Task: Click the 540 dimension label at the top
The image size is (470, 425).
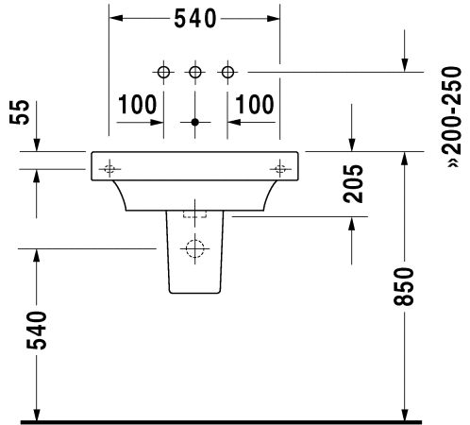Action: pyautogui.click(x=195, y=19)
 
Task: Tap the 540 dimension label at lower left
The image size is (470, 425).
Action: pyautogui.click(x=37, y=331)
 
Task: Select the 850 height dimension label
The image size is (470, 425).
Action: pyautogui.click(x=404, y=286)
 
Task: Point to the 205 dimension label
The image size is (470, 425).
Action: pyautogui.click(x=353, y=183)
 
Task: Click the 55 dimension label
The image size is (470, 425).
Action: pyautogui.click(x=20, y=112)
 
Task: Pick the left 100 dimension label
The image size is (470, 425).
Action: pyautogui.click(x=138, y=104)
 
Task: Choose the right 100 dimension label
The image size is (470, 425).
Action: pyautogui.click(x=255, y=104)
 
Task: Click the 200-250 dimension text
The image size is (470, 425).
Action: pyautogui.click(x=452, y=116)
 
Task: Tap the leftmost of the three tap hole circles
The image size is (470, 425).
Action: pyautogui.click(x=163, y=72)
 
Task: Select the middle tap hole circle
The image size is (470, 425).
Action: pyautogui.click(x=195, y=72)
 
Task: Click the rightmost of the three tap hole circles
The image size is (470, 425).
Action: pyautogui.click(x=227, y=72)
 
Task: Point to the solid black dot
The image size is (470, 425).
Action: pyautogui.click(x=195, y=122)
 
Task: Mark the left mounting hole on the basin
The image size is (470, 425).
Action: pyautogui.click(x=109, y=169)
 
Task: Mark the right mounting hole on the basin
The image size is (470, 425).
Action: pyautogui.click(x=280, y=169)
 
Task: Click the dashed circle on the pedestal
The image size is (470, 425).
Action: pyautogui.click(x=195, y=248)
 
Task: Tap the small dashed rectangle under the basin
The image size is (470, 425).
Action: pyautogui.click(x=195, y=214)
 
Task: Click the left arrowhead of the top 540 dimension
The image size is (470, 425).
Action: pyautogui.click(x=115, y=19)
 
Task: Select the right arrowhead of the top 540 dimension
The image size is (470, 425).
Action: pyautogui.click(x=274, y=19)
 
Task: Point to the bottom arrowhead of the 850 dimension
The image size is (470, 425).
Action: pyautogui.click(x=405, y=414)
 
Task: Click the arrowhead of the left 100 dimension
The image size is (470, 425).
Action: pyautogui.click(x=157, y=122)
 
